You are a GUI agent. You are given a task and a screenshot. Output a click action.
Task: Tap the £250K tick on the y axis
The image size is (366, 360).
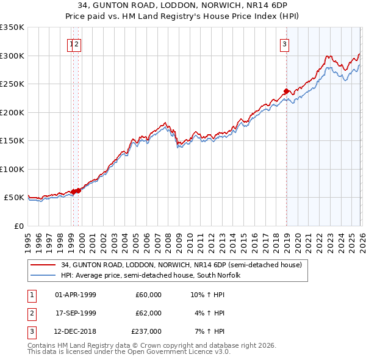tap(12, 84)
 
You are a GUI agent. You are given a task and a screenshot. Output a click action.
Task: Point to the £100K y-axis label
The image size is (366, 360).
tap(12, 169)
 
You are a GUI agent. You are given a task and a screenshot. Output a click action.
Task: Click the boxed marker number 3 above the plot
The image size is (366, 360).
tap(284, 43)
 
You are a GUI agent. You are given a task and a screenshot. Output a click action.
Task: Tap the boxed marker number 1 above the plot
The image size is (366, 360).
tap(72, 43)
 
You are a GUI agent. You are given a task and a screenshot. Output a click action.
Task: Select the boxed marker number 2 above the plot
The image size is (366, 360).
tap(78, 43)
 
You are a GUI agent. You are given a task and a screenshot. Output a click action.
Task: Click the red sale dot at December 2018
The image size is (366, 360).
tap(286, 92)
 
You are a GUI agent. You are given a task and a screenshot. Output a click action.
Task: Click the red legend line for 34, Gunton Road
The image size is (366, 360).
tap(43, 265)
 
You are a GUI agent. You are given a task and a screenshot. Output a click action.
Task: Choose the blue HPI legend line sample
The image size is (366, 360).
tap(43, 275)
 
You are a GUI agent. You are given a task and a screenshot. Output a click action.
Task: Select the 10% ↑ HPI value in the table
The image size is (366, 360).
tap(208, 295)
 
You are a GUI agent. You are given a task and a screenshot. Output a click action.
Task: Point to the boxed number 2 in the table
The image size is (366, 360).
tap(30, 313)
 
